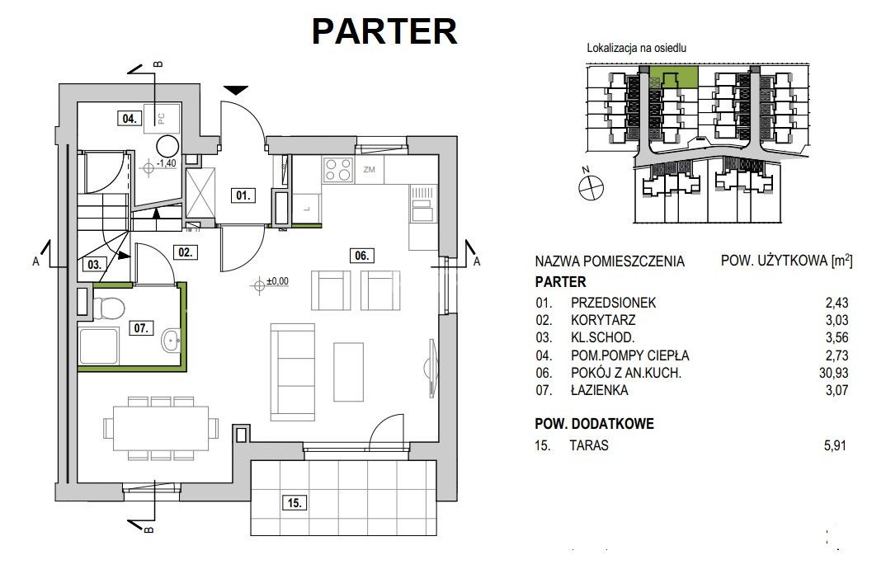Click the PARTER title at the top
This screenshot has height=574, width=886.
point(384,31)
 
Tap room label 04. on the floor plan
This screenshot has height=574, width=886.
point(130,118)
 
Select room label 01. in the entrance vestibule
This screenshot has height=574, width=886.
point(243,195)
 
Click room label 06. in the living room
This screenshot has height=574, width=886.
point(361,256)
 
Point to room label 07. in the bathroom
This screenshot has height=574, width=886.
point(141,327)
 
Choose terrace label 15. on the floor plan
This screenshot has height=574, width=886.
point(295,502)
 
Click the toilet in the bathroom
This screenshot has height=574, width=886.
point(108,308)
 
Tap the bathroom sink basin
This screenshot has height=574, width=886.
point(172,340)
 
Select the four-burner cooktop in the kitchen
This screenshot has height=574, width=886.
point(338,170)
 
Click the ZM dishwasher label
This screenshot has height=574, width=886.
point(369,169)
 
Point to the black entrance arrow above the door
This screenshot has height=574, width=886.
point(236,90)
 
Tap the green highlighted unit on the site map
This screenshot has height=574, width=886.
point(673,76)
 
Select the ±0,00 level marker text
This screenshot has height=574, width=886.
point(277,280)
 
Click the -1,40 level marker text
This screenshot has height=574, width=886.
point(166,163)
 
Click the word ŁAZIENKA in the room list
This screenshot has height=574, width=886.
point(600,390)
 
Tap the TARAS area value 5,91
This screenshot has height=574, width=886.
point(835,445)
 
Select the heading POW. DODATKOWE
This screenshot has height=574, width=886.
point(595,424)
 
